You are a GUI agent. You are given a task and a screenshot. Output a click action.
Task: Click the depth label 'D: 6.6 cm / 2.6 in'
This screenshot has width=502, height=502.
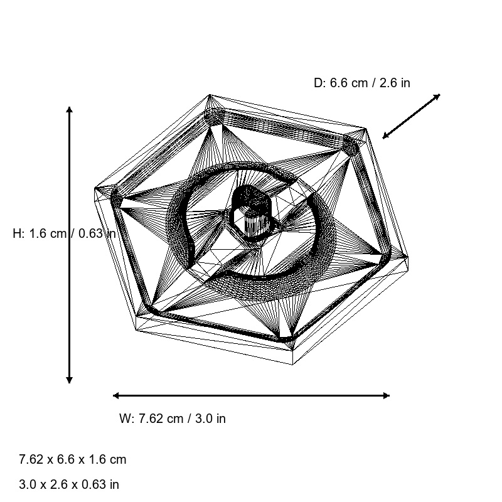362,83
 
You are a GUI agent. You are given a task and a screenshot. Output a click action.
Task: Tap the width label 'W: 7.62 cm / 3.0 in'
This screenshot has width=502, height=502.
173,419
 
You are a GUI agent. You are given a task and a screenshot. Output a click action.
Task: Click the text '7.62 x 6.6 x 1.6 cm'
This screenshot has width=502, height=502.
73,459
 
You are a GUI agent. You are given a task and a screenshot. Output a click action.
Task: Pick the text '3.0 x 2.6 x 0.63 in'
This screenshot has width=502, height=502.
69,484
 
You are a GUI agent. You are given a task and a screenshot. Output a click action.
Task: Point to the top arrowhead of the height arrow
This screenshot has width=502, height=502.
69,110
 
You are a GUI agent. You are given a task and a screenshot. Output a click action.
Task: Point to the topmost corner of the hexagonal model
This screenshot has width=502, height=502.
210,95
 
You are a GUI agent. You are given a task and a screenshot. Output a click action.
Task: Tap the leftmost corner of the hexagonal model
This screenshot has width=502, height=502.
95,188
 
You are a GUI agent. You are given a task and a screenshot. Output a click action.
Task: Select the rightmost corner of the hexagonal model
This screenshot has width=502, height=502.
409,257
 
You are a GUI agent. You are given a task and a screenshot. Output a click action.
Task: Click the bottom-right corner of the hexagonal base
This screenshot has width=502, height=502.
296,364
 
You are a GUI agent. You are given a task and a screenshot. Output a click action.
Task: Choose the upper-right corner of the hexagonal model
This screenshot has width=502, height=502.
365,129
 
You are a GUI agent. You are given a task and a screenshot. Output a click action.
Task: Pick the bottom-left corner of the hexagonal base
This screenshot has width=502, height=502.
136,329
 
